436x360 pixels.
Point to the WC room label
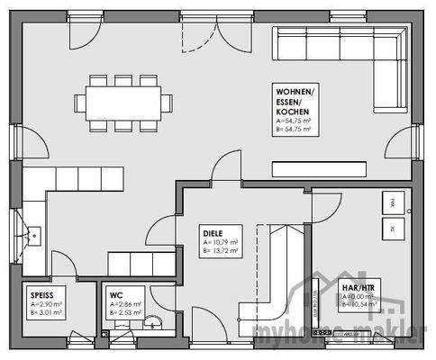pyautogui.click(x=116, y=294)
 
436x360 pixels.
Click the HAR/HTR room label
pyautogui.click(x=359, y=288)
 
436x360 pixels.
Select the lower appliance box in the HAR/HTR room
pyautogui.click(x=393, y=229)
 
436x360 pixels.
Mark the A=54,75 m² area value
pyautogui.click(x=294, y=120)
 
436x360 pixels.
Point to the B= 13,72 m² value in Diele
pyautogui.click(x=221, y=250)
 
